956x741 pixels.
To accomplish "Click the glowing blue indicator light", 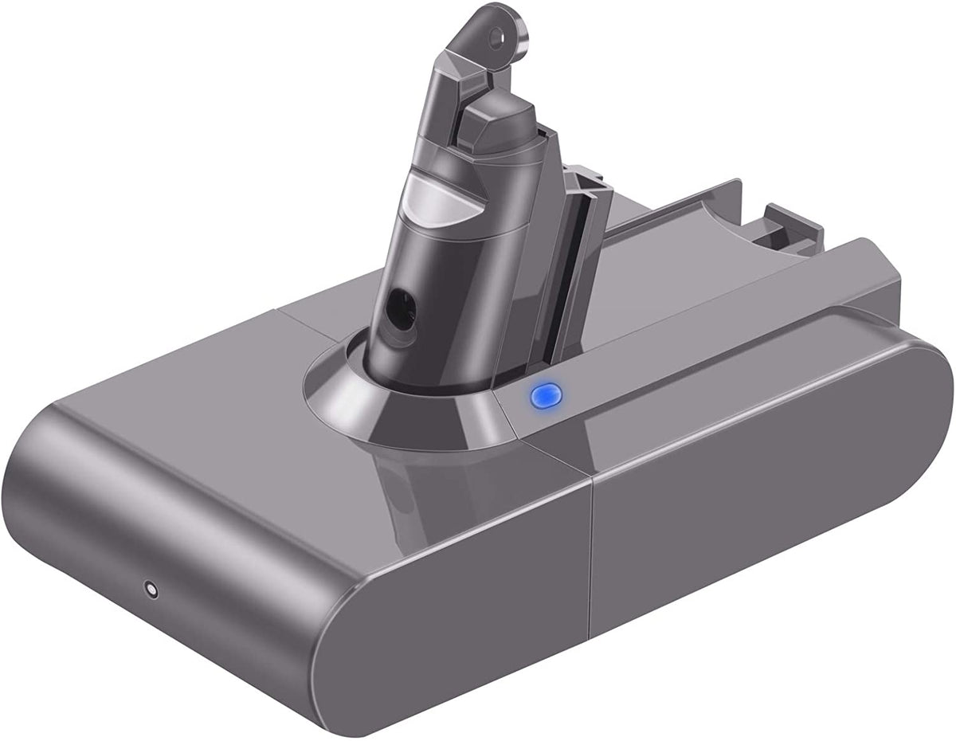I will pyautogui.click(x=546, y=394).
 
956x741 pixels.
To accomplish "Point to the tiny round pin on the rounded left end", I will pyautogui.click(x=149, y=590).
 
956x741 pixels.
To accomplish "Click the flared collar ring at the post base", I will pyautogui.click(x=398, y=406).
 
